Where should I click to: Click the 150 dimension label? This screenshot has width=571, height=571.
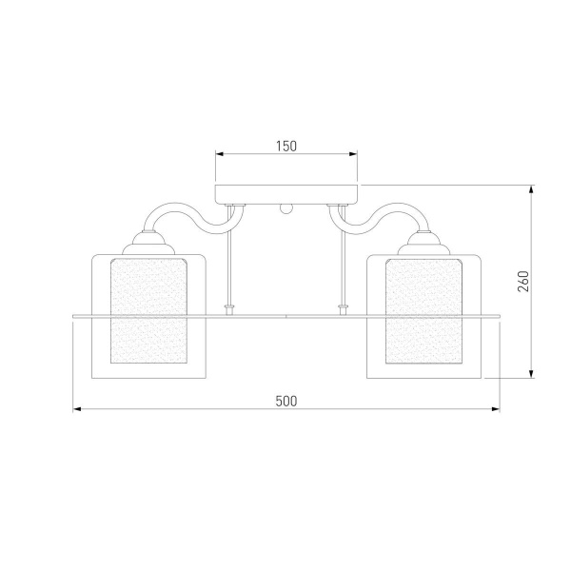pos(286,146)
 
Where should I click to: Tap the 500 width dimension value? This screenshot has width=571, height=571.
pos(286,401)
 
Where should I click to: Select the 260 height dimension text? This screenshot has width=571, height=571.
pos(523,281)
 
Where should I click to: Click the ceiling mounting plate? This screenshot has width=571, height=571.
pos(286,194)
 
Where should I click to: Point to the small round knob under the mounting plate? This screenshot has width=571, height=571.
pos(285,209)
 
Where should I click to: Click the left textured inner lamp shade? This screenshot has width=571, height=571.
pos(148,311)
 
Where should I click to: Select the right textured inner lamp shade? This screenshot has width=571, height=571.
pos(423,311)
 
